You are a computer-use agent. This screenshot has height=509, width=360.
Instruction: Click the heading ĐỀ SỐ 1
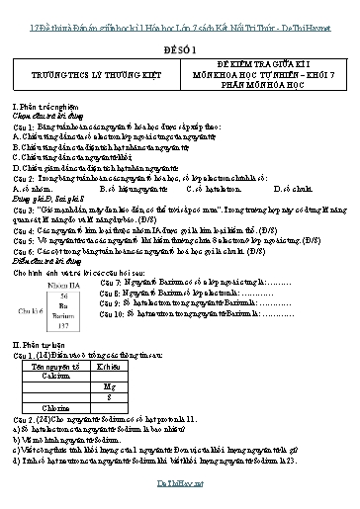180,46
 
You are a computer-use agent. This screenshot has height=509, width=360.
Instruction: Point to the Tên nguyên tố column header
71,364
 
